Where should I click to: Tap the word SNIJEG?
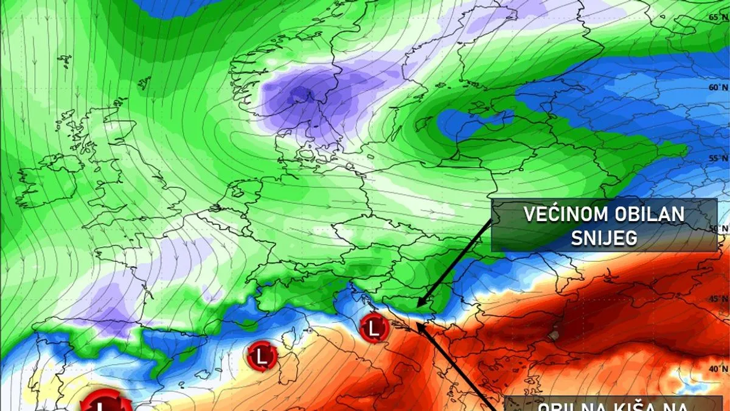pos(604,237)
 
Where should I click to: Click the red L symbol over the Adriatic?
pos(374,329)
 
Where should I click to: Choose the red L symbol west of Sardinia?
pos(262,355)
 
